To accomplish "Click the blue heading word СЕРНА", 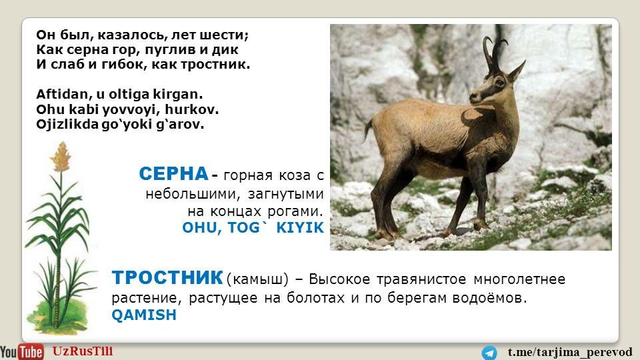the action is click(174, 174).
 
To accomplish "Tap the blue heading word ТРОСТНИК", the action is click(167, 278).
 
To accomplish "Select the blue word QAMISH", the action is click(144, 315).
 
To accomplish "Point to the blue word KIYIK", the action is click(300, 228).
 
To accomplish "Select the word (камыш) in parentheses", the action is click(257, 279).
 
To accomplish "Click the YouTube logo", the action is click(21, 352).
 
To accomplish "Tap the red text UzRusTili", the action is click(83, 351).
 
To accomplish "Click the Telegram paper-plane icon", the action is click(489, 353).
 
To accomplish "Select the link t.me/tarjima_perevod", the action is click(570, 352).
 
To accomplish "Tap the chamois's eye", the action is click(499, 83).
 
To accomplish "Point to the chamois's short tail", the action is click(368, 130).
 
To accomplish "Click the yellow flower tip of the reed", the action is click(61, 157).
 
